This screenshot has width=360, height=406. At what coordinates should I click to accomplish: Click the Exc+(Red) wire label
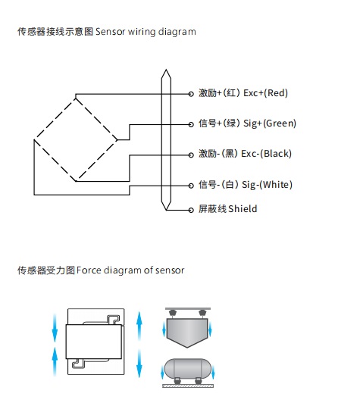pos(265,92)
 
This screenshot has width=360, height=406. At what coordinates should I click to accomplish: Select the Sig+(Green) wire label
pos(270,123)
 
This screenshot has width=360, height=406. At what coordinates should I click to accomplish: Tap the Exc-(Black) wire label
pos(266,154)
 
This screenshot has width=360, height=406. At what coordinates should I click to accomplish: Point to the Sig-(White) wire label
pos(267,185)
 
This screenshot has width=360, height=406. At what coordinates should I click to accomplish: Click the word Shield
pos(243,209)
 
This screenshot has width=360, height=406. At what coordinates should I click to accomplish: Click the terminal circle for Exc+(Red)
pos(191,94)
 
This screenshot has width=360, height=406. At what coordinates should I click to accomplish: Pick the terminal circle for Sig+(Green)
pos(191,124)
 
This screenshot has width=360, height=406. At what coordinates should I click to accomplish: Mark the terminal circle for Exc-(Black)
pos(191,155)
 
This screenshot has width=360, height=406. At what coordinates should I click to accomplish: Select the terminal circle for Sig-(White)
pos(191,186)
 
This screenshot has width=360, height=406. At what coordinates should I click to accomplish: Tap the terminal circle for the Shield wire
pos(191,210)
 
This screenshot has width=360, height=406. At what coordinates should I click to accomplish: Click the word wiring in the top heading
pos(142,32)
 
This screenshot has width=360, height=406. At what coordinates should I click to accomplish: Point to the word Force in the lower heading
pos(89,270)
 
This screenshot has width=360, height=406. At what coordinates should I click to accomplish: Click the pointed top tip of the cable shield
pos(166,70)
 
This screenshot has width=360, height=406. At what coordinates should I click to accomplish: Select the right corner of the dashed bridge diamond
pos(117,140)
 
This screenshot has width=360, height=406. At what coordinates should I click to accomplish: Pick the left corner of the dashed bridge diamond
pos(34,140)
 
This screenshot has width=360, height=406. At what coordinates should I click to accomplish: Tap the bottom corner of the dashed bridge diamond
pos(76,181)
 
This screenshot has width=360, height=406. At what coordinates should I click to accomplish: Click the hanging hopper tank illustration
pos(187,333)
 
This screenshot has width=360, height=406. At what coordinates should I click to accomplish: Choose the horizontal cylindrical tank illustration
pos(187,368)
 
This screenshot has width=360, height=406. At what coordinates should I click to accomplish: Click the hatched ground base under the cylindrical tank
pos(188,386)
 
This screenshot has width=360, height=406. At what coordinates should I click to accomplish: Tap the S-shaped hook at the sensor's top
pos(114,319)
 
